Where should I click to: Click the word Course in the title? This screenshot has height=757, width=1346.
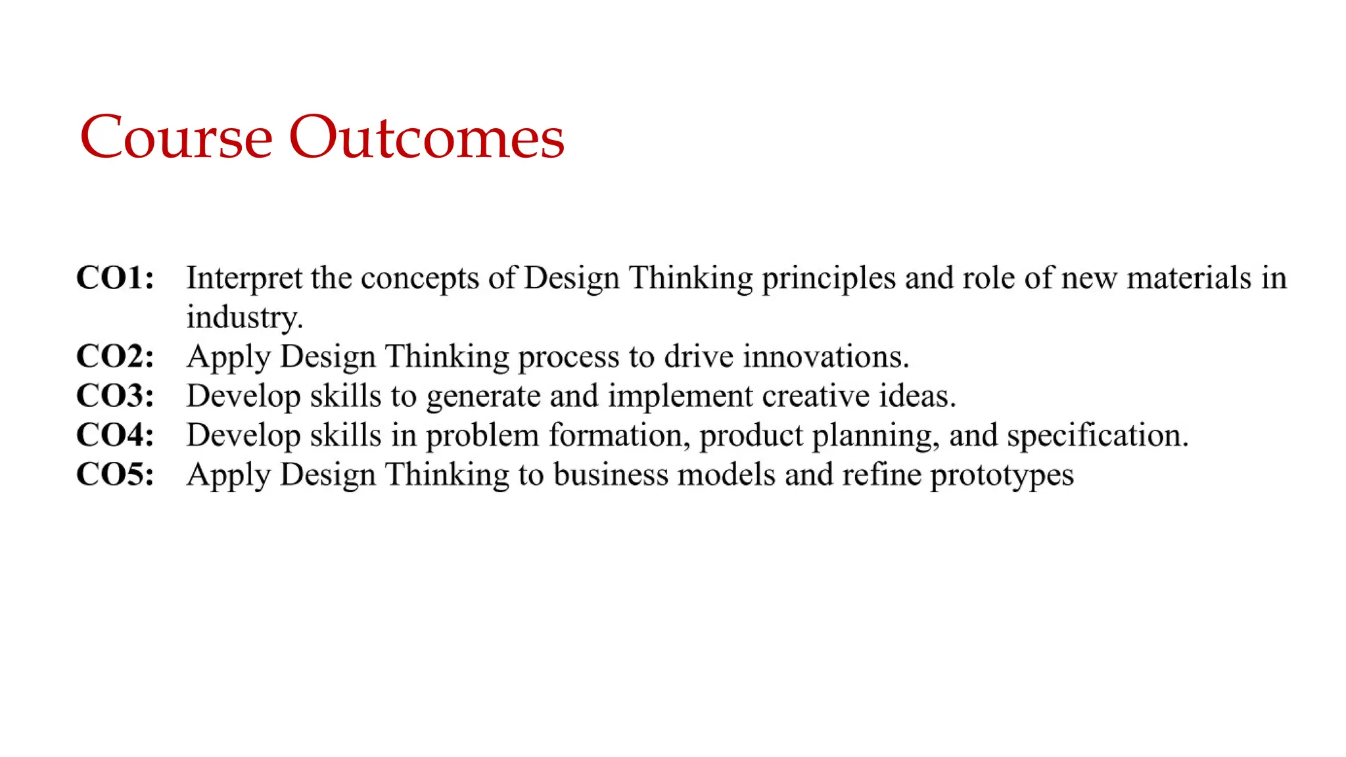point(175,137)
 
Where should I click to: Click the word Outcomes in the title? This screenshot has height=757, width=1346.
point(427,137)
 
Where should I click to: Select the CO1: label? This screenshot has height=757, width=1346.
point(115,277)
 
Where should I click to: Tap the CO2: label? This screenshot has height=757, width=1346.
point(115,356)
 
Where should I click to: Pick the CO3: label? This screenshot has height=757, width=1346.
point(115,396)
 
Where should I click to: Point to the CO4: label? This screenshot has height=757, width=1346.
point(115,435)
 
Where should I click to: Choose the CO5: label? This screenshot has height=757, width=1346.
point(115,474)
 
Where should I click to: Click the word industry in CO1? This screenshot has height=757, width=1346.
point(243,317)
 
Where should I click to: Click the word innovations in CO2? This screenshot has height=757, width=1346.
point(825,356)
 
